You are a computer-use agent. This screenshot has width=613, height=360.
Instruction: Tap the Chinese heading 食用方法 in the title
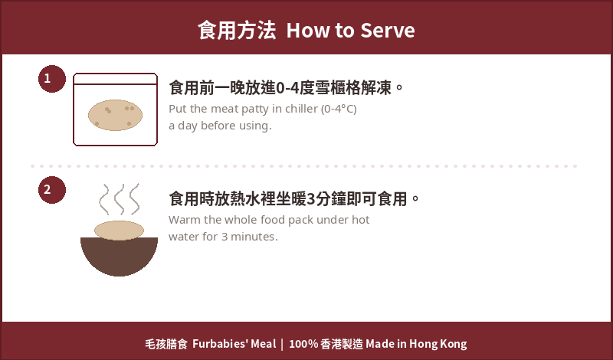point(237,31)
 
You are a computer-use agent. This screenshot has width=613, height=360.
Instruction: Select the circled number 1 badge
point(52,79)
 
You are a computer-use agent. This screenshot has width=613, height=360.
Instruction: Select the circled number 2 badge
point(52,190)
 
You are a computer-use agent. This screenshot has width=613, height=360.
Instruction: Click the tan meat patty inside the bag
point(116,115)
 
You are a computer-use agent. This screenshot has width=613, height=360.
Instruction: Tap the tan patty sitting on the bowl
point(120,231)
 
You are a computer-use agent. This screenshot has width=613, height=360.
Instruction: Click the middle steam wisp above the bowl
point(120,199)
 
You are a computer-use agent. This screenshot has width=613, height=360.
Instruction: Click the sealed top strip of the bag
point(116,79)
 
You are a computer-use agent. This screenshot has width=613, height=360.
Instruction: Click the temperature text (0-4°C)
point(339,109)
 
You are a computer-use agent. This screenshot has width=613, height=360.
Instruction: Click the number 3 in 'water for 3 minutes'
point(225,237)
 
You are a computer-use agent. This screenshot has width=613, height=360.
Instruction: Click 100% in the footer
point(303,344)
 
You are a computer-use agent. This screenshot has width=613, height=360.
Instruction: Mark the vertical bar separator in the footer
point(282,344)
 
